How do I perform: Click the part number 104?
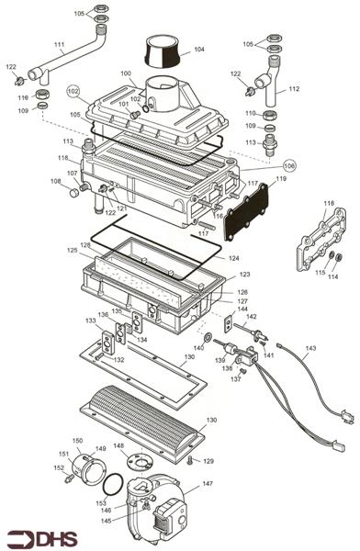pos(199,50)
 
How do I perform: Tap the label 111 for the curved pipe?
pos(59,45)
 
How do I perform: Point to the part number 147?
pos(208,483)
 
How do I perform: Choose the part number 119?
pos(281,180)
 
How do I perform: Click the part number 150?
pos(78,441)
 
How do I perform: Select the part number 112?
pos(294,90)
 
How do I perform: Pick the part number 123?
pos(244,275)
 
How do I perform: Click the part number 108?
pos(55,182)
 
